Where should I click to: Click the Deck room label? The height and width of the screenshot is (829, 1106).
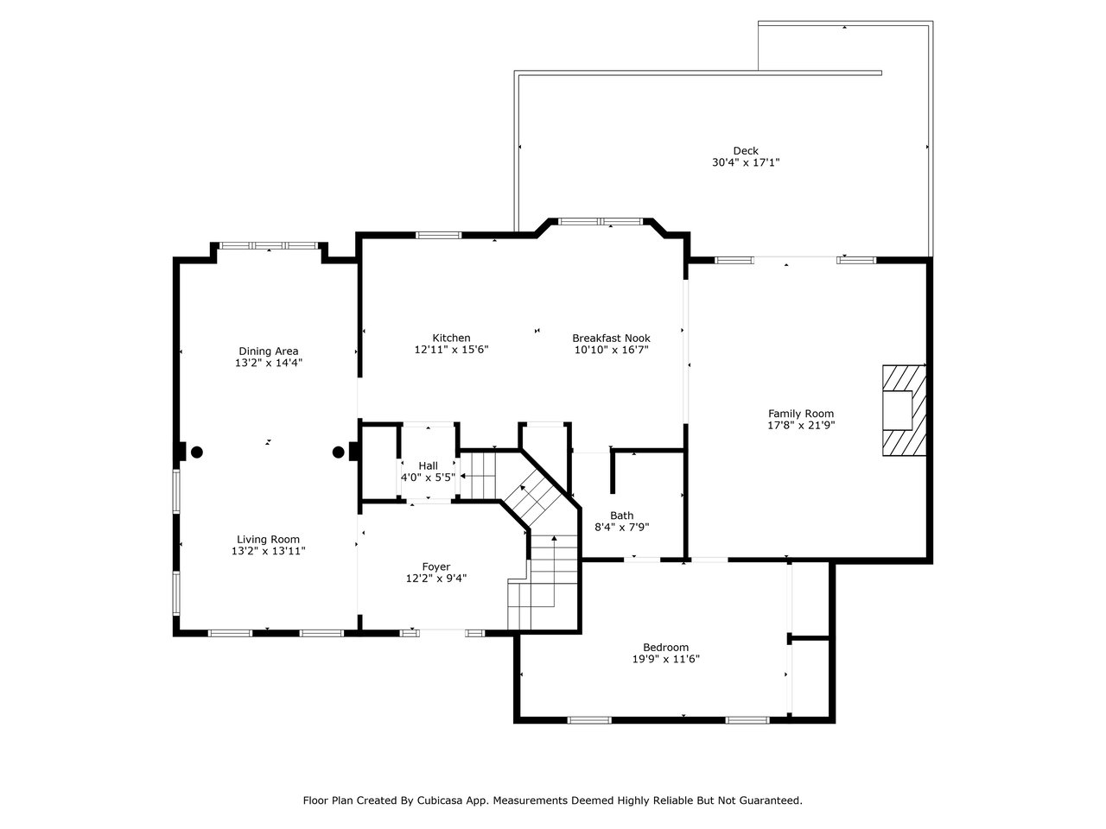745,150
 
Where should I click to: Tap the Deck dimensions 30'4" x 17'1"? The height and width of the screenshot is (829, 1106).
745,162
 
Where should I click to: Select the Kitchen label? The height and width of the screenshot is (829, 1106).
451,338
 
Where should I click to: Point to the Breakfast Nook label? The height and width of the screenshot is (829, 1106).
611,338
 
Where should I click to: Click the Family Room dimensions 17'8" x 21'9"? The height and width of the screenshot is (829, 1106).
801,425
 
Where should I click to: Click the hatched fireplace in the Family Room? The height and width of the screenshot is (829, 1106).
904,410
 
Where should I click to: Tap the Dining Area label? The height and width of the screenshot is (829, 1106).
268,351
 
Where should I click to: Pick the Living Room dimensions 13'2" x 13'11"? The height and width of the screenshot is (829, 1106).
268,551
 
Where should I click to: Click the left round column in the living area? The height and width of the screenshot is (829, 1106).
197,452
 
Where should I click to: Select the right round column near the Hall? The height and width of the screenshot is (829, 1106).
338,452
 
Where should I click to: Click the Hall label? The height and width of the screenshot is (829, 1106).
428,465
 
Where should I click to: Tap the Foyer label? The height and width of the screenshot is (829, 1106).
435,566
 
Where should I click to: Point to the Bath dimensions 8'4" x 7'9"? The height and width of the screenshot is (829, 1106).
621,527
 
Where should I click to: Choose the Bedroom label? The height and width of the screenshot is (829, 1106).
665,648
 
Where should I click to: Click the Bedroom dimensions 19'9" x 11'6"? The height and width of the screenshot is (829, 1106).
665,659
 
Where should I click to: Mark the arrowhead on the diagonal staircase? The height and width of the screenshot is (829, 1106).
523,487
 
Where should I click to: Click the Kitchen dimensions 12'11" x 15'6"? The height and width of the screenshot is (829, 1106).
451,350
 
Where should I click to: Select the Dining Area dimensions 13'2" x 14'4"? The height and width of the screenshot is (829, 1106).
268,363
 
